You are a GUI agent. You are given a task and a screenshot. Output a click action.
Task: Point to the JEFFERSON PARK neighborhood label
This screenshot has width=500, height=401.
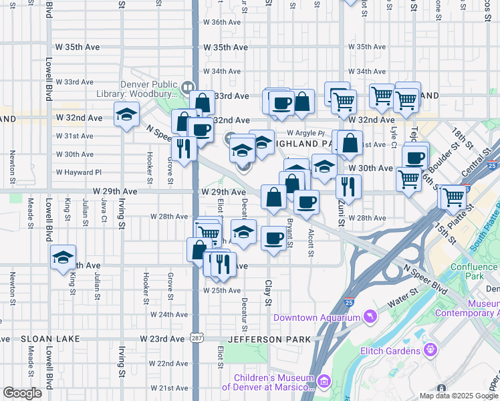pyautogui.click(x=260, y=340)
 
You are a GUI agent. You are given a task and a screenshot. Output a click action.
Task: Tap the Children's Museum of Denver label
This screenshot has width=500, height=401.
pyautogui.click(x=267, y=382)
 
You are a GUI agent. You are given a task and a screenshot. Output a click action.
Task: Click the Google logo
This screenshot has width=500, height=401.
pyautogui.click(x=22, y=393)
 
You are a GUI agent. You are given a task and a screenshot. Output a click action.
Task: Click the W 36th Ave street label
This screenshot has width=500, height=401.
pyautogui.click(x=221, y=22)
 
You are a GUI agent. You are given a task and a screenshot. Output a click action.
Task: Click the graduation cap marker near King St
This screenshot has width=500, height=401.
pyautogui.click(x=64, y=257)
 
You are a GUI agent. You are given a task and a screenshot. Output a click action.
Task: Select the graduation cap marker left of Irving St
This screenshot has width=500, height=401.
pyautogui.click(x=126, y=115)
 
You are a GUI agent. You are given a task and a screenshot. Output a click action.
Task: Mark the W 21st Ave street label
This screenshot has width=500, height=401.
pyautogui.click(x=168, y=388)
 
